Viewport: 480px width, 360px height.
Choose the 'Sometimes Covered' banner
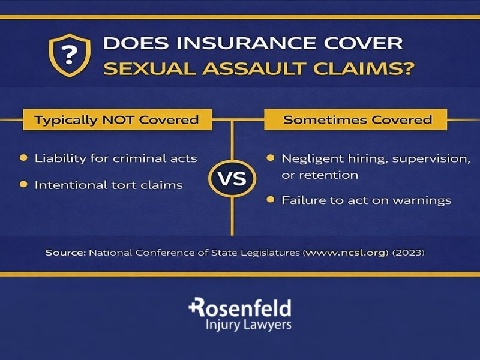point(357,119)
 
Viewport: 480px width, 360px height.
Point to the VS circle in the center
point(232,179)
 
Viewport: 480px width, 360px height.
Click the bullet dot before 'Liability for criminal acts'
point(23,158)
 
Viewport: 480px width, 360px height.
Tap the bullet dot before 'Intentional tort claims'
point(23,184)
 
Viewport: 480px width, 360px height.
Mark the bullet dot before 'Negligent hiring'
point(271,158)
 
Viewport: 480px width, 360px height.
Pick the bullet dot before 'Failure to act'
point(271,199)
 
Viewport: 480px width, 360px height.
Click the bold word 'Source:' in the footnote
point(65,253)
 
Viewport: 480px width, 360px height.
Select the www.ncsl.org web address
point(346,253)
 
